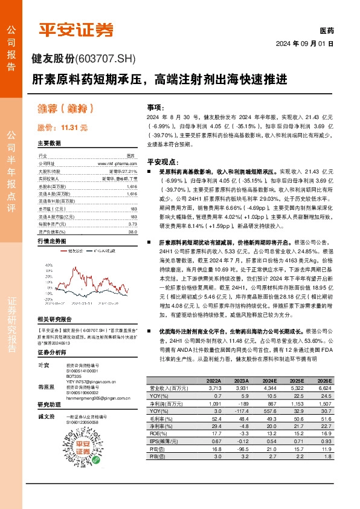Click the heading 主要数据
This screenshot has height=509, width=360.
pos(49,143)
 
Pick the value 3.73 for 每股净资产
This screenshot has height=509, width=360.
pos(133,223)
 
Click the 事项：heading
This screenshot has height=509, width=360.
pos(155,105)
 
